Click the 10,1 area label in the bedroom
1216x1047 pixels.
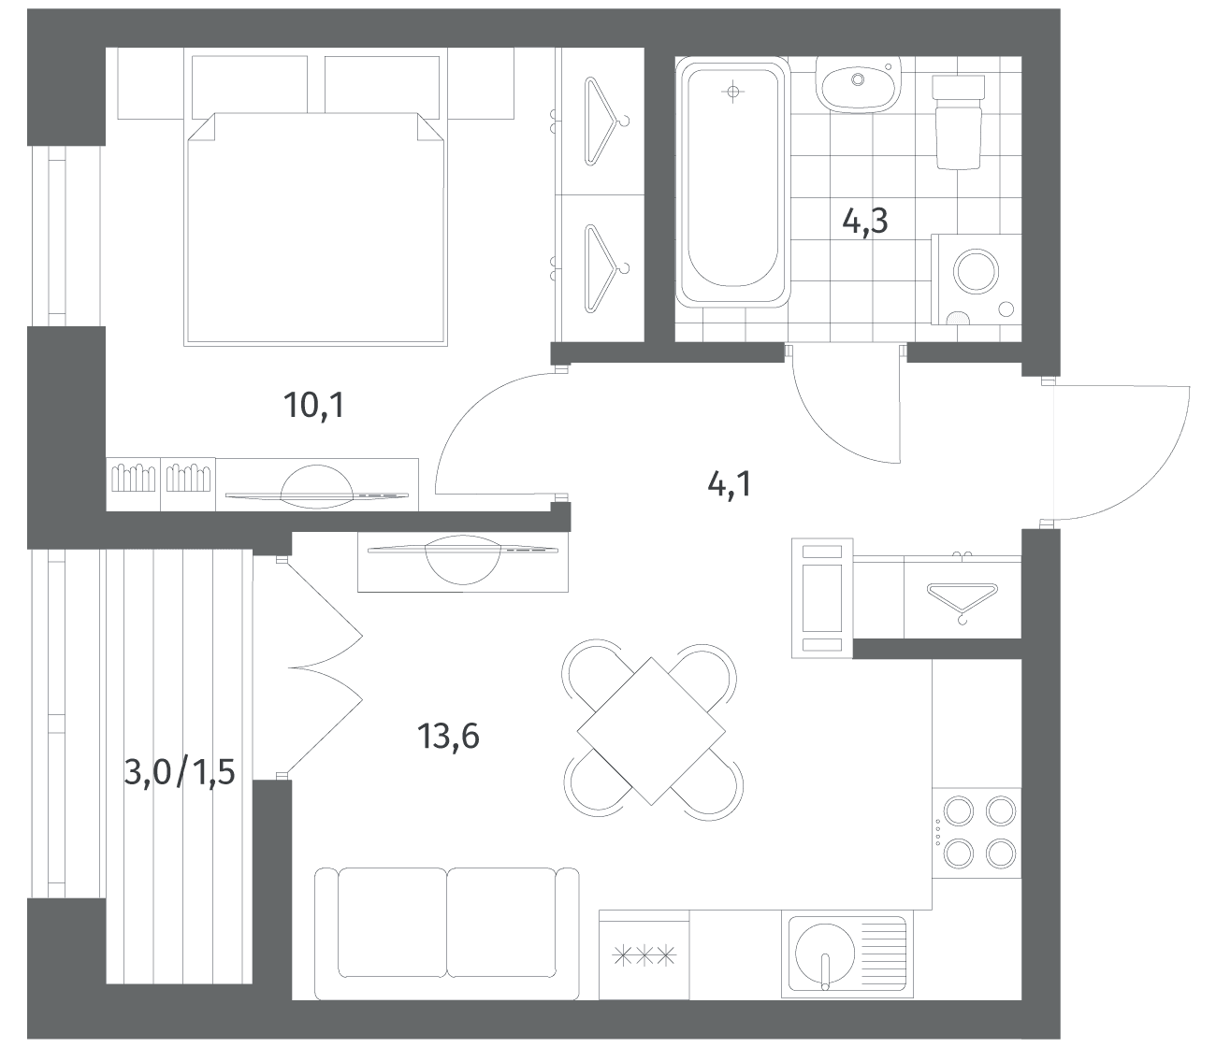coord(313,405)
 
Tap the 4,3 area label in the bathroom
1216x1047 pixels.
coord(865,222)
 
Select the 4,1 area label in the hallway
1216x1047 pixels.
coord(730,485)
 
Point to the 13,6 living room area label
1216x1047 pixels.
coord(448,736)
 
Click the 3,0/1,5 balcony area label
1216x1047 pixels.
coord(180,772)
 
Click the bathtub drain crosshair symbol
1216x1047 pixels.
coord(732,92)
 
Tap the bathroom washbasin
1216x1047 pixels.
coord(858,85)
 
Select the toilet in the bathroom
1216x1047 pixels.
coord(959,122)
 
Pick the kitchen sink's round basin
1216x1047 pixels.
coord(825,952)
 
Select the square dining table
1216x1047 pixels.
coord(651,731)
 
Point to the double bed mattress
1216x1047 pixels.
coord(315,228)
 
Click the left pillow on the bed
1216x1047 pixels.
coord(250,84)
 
